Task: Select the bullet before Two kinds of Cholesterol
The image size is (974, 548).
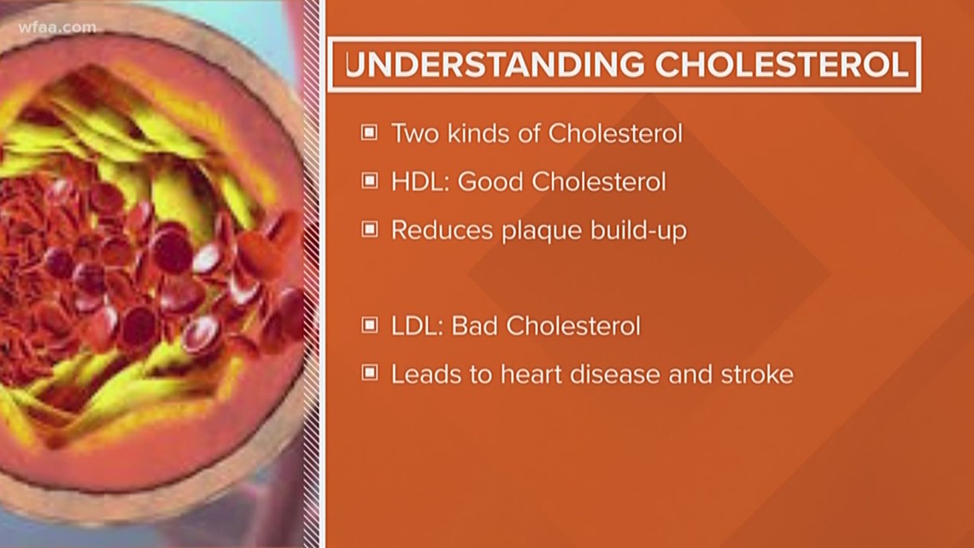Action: pos(369,133)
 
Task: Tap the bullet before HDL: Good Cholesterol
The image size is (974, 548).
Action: pos(369,181)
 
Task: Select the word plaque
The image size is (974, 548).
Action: pos(537,232)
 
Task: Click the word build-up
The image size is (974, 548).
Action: pos(637,232)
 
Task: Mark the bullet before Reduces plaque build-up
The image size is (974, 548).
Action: pos(369,230)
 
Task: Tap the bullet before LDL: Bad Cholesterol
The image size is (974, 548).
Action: pos(369,326)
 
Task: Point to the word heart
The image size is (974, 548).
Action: pos(520,374)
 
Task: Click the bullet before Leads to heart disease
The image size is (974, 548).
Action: pos(369,374)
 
